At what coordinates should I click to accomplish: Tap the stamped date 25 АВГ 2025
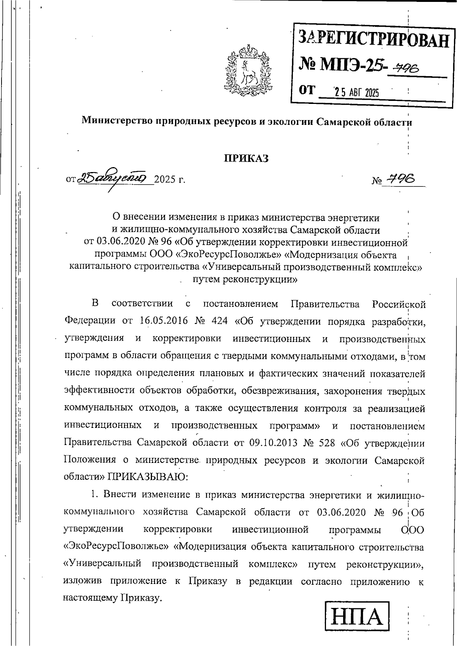click(356, 92)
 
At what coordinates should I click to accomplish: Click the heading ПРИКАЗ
click(246, 158)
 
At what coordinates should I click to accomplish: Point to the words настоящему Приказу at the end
click(110, 598)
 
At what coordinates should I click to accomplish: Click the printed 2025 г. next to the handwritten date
click(170, 179)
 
